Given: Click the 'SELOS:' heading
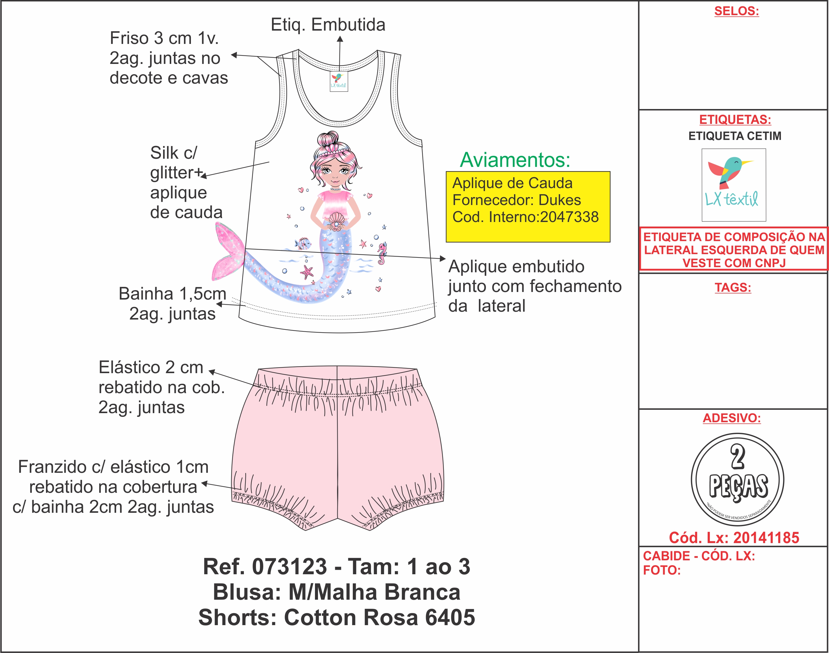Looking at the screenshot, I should (736, 11).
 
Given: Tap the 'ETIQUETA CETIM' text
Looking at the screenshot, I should (735, 136).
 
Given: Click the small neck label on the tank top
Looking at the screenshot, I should (339, 81).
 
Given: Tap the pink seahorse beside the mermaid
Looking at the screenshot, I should (382, 253).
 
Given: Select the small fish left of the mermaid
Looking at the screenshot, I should (303, 243).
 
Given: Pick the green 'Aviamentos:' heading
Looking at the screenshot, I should (515, 160).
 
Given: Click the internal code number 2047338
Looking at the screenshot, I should (569, 217).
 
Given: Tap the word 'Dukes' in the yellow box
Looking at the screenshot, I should (559, 200).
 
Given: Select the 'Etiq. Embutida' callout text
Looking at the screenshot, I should (328, 25).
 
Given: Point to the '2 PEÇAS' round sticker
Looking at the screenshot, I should (737, 479).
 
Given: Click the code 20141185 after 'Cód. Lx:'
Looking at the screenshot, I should (766, 538).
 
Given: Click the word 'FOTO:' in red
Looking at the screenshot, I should (662, 570).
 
